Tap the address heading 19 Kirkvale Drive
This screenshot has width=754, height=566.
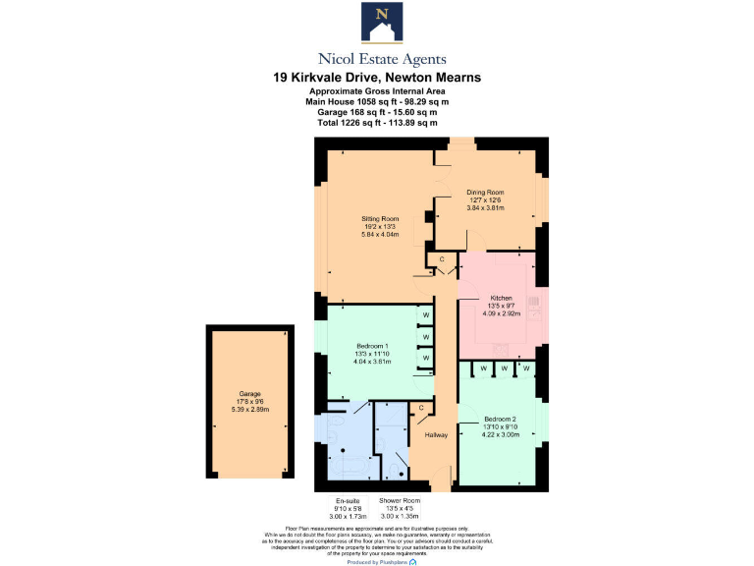pos(377,77)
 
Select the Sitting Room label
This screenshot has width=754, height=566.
pos(379,218)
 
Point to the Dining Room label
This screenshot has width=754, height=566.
pos(485,192)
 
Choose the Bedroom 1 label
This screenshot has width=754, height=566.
pos(372,345)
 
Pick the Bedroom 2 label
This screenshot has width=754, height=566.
pos(499,420)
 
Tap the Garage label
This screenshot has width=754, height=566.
pos(248,394)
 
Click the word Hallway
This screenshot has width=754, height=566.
pos(436,434)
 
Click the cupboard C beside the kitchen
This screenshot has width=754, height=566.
pos(442,259)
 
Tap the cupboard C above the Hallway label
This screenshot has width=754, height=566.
pos(421,407)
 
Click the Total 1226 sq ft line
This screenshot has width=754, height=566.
pos(377,123)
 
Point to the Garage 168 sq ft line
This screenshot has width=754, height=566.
pos(377,112)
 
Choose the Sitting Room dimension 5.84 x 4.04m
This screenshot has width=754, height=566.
pos(379,235)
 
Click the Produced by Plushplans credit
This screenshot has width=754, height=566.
pos(377,561)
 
